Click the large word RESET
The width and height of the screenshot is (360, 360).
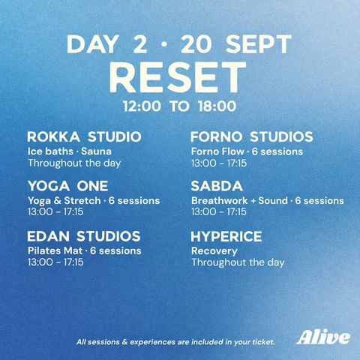coord(178,77)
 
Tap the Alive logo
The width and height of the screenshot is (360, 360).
coord(323,337)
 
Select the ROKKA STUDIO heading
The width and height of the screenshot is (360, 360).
coord(84,136)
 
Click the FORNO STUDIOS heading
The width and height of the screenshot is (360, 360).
coord(252,136)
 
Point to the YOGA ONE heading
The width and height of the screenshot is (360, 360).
coord(68,186)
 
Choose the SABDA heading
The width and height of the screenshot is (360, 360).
coord(217,186)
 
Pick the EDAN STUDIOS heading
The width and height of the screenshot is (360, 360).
coord(84,236)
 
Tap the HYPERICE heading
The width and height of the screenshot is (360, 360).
coord(226,236)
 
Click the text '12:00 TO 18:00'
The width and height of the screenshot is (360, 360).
coord(179,106)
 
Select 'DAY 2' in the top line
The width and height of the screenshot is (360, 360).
coord(106,44)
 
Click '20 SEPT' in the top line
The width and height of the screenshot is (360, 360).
coord(236,44)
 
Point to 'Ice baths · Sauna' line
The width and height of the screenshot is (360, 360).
coord(70,151)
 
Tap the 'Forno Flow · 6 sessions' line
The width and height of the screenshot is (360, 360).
coord(247,151)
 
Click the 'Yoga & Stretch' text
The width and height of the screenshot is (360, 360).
coord(64,201)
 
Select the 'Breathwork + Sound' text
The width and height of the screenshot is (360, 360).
coord(239,200)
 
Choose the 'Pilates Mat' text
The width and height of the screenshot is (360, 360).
coord(55,250)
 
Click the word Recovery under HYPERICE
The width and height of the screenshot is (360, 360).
coord(214,251)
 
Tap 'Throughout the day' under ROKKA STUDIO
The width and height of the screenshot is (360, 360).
coord(74,163)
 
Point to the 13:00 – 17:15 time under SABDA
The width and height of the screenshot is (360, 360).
coord(219,211)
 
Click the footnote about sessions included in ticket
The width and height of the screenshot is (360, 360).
coord(175,342)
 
